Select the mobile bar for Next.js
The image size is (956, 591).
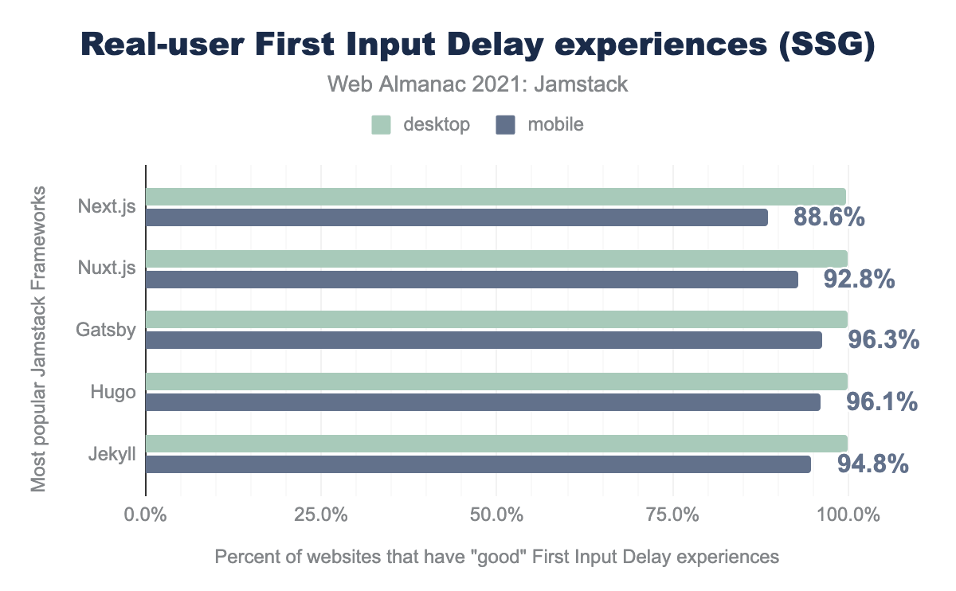click(456, 217)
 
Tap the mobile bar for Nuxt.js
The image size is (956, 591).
click(472, 279)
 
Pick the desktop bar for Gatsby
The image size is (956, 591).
click(496, 320)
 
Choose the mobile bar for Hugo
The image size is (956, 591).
click(483, 402)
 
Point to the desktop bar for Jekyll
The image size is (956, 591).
click(496, 444)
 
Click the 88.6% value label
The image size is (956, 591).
click(829, 217)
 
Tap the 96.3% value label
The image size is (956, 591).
click(883, 341)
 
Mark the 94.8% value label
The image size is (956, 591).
click(872, 464)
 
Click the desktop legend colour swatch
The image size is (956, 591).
click(381, 124)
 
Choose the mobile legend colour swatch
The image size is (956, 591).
click(505, 124)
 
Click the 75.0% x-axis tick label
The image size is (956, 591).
click(672, 515)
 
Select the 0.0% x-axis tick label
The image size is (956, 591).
click(146, 515)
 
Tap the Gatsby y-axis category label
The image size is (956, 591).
click(107, 329)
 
